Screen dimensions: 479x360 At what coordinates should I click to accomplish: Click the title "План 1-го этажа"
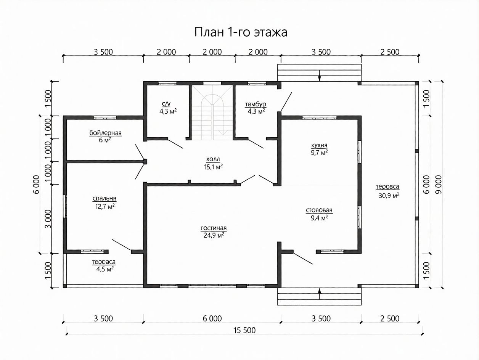coord(241,32)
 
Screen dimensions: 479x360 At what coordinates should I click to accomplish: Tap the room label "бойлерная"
coord(105,133)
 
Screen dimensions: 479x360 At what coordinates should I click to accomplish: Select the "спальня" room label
coord(104,199)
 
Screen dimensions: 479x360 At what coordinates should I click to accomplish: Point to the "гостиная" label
coord(214,228)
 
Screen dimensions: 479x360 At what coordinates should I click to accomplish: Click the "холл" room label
coord(213,159)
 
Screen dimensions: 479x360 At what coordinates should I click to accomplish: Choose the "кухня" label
coord(319,146)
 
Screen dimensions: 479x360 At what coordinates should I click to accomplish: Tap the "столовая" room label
coord(319,210)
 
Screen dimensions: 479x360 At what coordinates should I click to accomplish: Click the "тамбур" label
coord(256,105)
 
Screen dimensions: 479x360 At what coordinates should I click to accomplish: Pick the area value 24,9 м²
coord(214,235)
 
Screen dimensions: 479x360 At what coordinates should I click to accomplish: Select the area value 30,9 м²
coord(389,195)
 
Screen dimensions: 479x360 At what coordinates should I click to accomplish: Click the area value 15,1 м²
coord(214,167)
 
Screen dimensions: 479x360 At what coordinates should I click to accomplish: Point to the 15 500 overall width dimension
coord(244,330)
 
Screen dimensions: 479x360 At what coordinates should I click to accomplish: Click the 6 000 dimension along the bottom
coord(212,318)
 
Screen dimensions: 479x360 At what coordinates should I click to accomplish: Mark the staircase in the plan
coord(212,112)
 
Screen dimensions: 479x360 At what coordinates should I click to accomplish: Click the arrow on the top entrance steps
coord(320,76)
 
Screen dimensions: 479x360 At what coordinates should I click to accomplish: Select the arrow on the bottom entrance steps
coord(320,294)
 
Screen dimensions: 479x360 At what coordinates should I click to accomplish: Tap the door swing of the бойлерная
coord(140,152)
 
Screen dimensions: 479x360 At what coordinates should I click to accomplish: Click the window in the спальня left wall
coord(65,206)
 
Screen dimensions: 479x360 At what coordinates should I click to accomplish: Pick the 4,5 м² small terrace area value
coord(105,269)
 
